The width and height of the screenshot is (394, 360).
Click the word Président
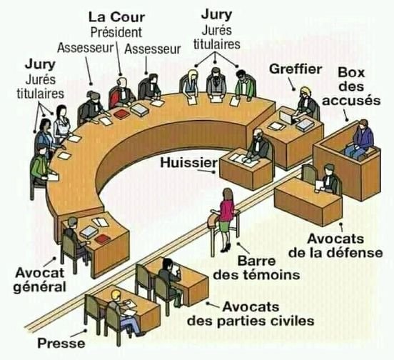116,33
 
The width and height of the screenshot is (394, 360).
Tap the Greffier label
295,69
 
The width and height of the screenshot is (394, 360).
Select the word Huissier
188,163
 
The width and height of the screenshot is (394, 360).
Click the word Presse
61,343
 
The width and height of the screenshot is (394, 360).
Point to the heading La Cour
117,17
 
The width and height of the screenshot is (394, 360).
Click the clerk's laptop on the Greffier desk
287,117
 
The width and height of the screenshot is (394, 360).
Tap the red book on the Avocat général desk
103,239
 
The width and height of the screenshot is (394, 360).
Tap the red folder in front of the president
122,114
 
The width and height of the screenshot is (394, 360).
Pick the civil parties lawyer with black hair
170,279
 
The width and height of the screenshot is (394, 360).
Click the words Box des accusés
351,86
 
